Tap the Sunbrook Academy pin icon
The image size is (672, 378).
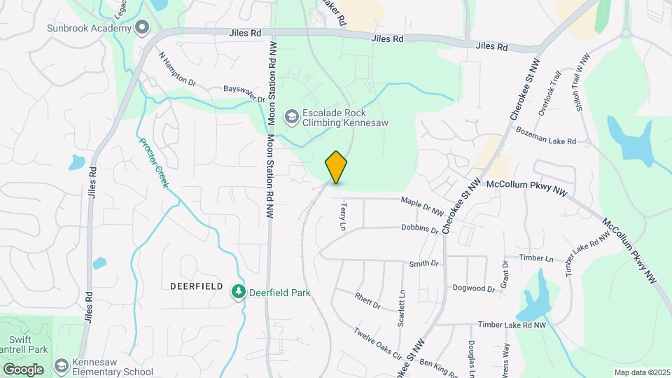pos(143,28)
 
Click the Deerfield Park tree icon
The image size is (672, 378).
pos(239,292)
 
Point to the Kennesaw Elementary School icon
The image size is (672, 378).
pos(62,366)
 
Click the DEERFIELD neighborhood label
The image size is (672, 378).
pos(196,287)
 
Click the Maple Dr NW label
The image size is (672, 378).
pos(423,206)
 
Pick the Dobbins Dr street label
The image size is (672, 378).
pos(419,228)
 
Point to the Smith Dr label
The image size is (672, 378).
pos(423,264)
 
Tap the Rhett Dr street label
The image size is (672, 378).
pos(367,301)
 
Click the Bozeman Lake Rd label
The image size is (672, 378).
pos(545,136)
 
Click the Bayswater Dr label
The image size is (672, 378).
pos(244,94)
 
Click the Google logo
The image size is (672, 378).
pos(23,369)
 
